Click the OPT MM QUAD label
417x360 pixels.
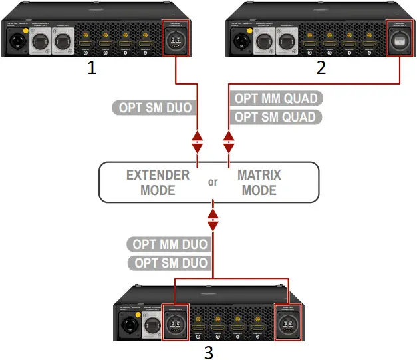[x=276, y=98]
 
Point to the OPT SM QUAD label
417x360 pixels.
[x=275, y=118]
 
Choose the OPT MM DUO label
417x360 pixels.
[x=169, y=244]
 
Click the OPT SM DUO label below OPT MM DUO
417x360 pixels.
[x=170, y=263]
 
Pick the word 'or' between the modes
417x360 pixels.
[x=213, y=182]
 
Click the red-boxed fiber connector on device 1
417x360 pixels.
[x=176, y=39]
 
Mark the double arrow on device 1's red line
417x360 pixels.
[x=198, y=141]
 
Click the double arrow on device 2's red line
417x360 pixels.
[x=229, y=141]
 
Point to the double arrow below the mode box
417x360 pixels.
[x=213, y=220]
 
